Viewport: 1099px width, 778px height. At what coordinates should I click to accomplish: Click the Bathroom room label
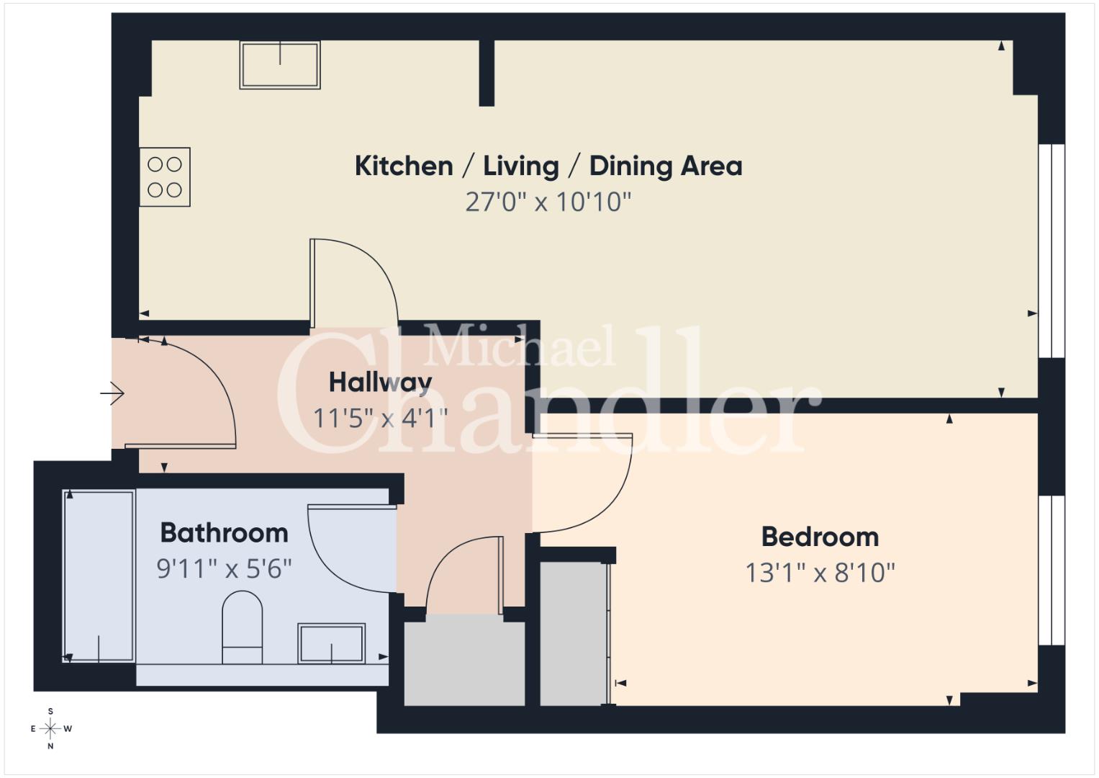225,533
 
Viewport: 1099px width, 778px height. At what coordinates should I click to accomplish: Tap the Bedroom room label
820,537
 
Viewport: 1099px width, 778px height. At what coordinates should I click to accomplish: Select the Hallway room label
380,383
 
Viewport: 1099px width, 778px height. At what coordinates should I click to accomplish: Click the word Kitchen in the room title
404,166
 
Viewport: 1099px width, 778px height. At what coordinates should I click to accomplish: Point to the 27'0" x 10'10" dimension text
548,202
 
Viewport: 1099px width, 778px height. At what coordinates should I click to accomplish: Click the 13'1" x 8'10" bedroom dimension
820,573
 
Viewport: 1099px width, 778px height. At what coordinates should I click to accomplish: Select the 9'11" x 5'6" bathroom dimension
225,569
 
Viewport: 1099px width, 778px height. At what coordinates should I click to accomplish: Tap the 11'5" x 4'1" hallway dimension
380,419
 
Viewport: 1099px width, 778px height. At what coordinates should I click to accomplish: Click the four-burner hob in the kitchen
165,176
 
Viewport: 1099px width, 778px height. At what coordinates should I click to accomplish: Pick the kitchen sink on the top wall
280,66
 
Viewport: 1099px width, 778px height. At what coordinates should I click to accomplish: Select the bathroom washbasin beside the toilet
332,643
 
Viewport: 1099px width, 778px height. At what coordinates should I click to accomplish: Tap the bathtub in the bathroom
99,576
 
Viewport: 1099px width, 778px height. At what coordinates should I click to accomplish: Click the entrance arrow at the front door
112,393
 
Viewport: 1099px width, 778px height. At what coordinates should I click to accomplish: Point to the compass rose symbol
50,728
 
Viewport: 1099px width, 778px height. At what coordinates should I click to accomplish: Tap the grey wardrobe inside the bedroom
574,634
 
